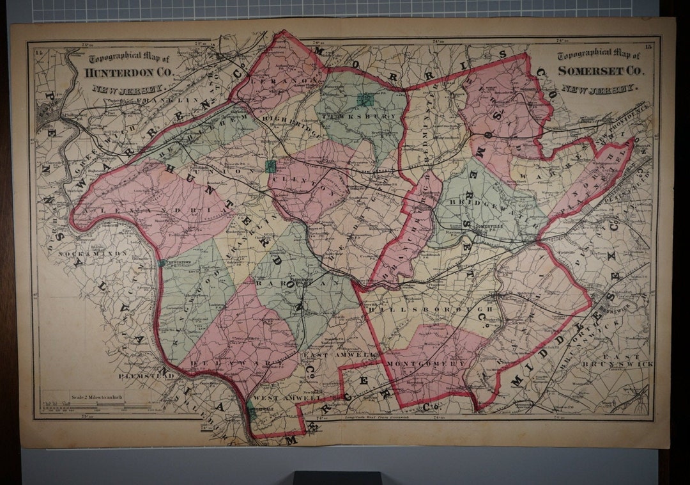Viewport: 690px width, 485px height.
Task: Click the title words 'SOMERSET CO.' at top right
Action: (601, 70)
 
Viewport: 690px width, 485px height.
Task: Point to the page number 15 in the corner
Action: (648, 45)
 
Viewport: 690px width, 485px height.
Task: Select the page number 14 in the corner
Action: (40, 51)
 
